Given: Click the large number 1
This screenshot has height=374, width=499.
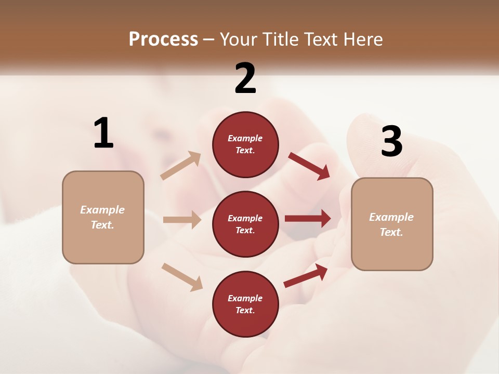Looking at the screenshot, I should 103,133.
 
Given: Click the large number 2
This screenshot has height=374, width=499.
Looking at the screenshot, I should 245,78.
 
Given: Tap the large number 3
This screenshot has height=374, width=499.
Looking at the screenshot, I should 391,142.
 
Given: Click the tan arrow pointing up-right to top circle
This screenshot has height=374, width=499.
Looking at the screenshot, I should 181,165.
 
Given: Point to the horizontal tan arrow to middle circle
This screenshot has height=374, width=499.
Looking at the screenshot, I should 182,220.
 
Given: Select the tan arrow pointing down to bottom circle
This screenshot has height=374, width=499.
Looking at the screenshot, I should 182,276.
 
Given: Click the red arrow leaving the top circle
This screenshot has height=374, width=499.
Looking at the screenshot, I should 309,166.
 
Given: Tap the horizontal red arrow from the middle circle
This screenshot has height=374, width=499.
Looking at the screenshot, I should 308,218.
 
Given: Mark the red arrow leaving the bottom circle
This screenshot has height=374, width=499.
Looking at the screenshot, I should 306,276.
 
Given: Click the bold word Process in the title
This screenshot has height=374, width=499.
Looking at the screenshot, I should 163,39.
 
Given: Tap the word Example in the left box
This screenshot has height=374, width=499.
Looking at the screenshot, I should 102,210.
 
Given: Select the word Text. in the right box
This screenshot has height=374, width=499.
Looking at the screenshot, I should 391,232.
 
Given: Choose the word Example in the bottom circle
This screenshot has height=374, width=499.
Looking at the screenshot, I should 245,298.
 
